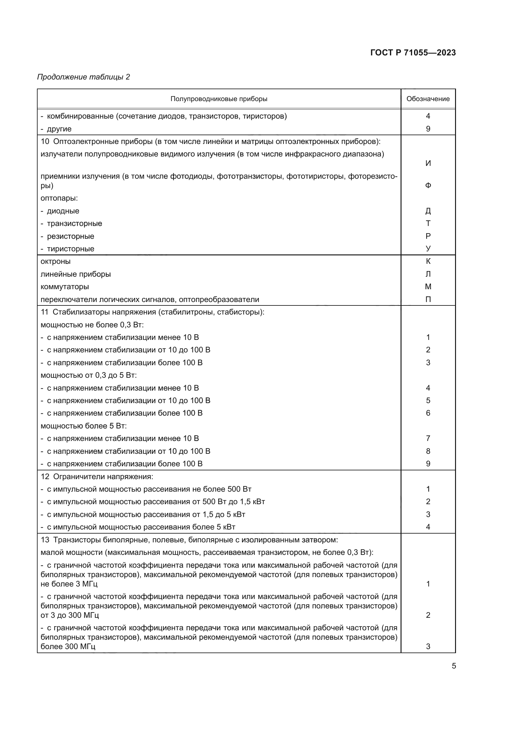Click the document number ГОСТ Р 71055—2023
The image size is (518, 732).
click(x=413, y=53)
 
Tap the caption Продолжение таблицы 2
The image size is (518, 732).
click(x=84, y=77)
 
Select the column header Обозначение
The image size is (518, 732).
click(x=428, y=99)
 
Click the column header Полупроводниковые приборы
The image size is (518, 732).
click(x=219, y=99)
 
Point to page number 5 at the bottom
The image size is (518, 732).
click(x=453, y=666)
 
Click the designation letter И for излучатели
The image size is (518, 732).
click(x=428, y=163)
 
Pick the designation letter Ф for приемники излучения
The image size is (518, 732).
click(x=428, y=185)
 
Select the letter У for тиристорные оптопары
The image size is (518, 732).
click(x=428, y=248)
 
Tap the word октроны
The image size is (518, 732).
click(x=55, y=261)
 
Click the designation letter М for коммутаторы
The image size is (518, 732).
click(x=428, y=287)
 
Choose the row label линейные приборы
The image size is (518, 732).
click(x=75, y=274)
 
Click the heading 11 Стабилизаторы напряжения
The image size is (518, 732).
click(x=153, y=312)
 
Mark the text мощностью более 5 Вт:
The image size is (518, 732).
click(x=84, y=426)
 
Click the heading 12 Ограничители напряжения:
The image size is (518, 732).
click(x=97, y=477)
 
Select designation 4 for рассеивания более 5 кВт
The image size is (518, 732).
click(x=428, y=527)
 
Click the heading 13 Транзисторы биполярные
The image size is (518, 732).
click(x=189, y=540)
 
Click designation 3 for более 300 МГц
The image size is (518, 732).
click(x=428, y=647)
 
